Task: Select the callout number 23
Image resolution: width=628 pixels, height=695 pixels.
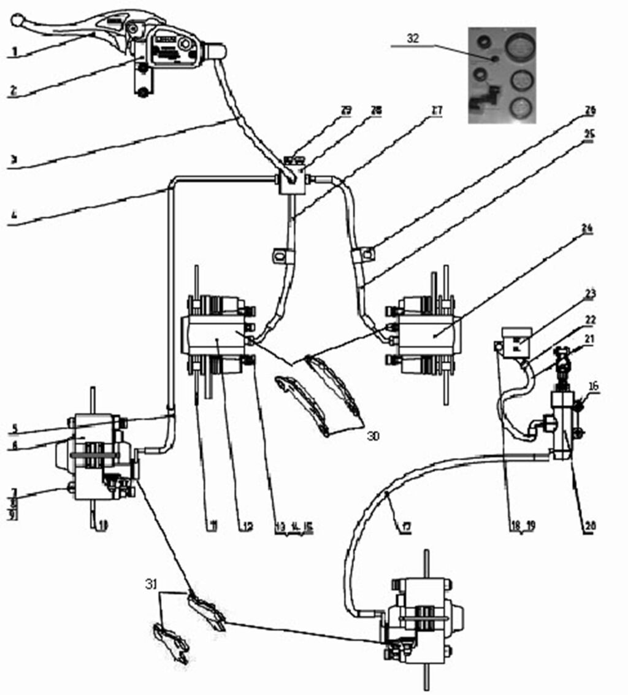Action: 590,294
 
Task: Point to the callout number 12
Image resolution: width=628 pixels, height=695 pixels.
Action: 247,526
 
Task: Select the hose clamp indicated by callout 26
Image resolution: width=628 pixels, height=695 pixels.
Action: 362,253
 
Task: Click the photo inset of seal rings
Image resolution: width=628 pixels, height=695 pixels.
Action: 502,75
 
